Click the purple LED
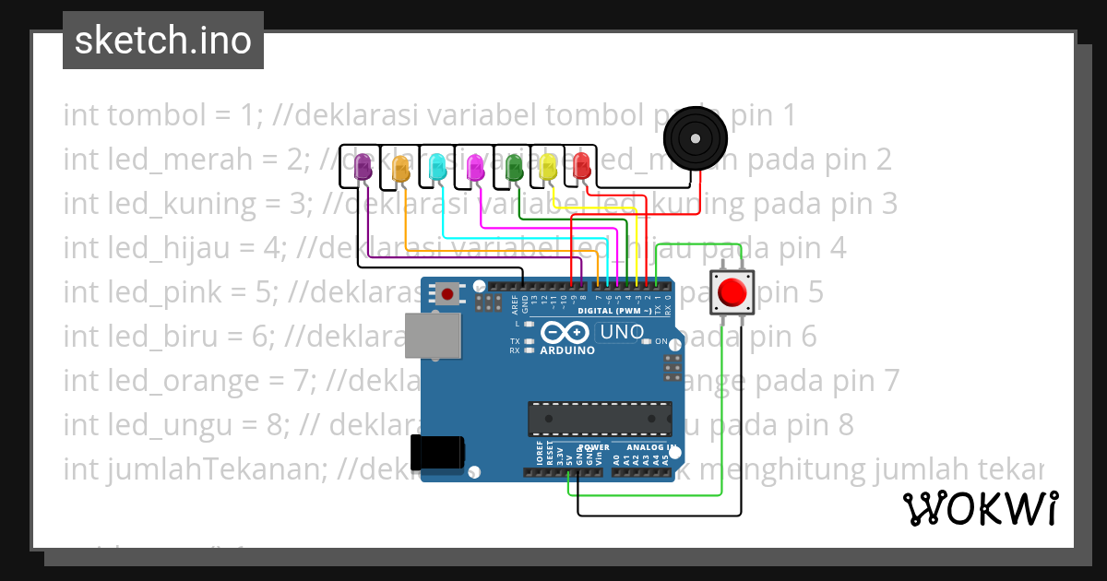pos(363,167)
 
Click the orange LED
pos(400,168)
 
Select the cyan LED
pos(438,167)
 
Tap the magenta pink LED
pos(475,167)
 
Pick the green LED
pos(514,167)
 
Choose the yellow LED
pos(549,167)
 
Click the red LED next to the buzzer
pos(581,166)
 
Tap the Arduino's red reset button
pos(447,294)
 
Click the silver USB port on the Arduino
pos(434,334)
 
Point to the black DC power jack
pos(439,452)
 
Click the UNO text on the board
pos(621,332)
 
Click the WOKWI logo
pos(980,508)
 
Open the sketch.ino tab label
pos(163,41)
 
